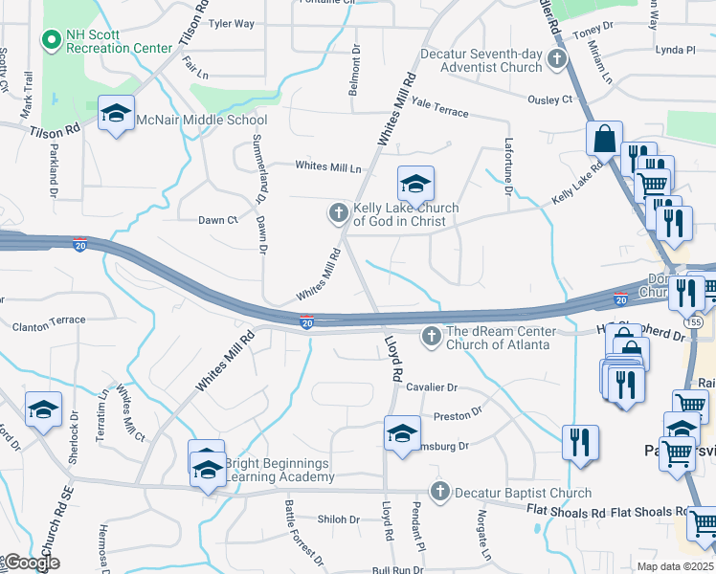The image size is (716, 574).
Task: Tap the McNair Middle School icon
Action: [x=116, y=115]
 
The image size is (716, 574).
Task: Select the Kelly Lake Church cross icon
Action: [x=338, y=213]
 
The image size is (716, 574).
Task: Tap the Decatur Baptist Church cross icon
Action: [x=439, y=493]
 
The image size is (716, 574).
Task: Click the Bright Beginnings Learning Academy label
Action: [x=277, y=470]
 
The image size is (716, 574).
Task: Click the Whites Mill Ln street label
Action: [x=328, y=166]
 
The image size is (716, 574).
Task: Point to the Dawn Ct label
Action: [x=217, y=220]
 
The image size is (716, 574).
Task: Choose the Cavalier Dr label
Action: [x=432, y=387]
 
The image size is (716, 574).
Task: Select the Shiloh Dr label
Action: [x=340, y=519]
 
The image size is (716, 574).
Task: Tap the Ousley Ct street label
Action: [x=549, y=99]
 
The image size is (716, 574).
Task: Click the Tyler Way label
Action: [x=232, y=23]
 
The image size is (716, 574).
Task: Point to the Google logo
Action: [x=31, y=563]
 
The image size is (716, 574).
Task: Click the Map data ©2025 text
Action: [x=677, y=566]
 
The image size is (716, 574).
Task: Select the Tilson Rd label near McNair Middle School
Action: [x=55, y=133]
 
